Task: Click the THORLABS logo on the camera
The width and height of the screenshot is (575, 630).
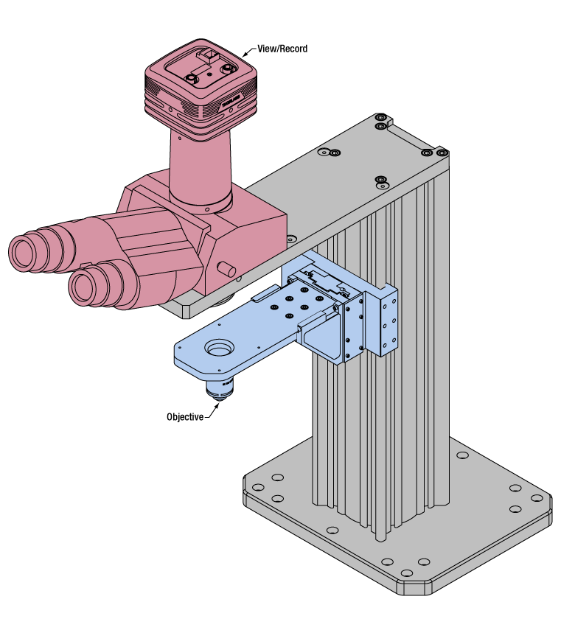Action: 231,100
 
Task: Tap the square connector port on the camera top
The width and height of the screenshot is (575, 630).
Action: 209,54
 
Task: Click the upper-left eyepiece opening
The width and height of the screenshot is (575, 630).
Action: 24,253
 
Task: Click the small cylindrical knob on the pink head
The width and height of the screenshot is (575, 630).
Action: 227,269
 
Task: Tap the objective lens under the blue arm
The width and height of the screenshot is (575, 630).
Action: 220,388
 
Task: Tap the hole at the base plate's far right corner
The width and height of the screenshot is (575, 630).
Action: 537,498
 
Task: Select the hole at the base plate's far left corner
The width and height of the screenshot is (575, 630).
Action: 258,487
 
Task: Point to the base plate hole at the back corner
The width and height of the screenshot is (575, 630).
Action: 462,455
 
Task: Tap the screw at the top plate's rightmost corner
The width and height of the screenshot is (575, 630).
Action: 442,153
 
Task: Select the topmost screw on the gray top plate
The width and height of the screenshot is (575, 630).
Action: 380,117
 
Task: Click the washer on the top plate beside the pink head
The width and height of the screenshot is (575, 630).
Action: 291,239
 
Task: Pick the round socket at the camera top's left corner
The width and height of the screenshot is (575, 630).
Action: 192,77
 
